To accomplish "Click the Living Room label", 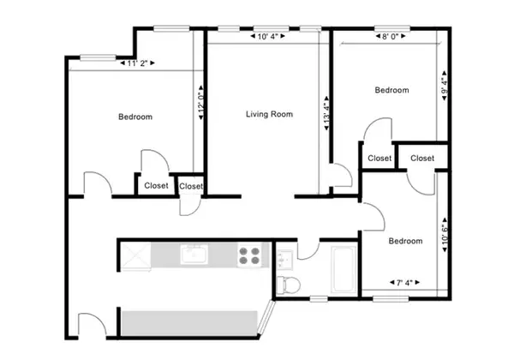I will coord(269,114).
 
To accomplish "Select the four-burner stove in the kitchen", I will coord(249,255).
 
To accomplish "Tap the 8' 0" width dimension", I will coord(390,37).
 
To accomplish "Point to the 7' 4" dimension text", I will coord(404,282).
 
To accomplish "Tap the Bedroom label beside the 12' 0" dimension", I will coord(135,117).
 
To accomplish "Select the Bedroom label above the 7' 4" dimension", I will coord(405,241).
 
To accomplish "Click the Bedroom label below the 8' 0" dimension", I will coord(391,90).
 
